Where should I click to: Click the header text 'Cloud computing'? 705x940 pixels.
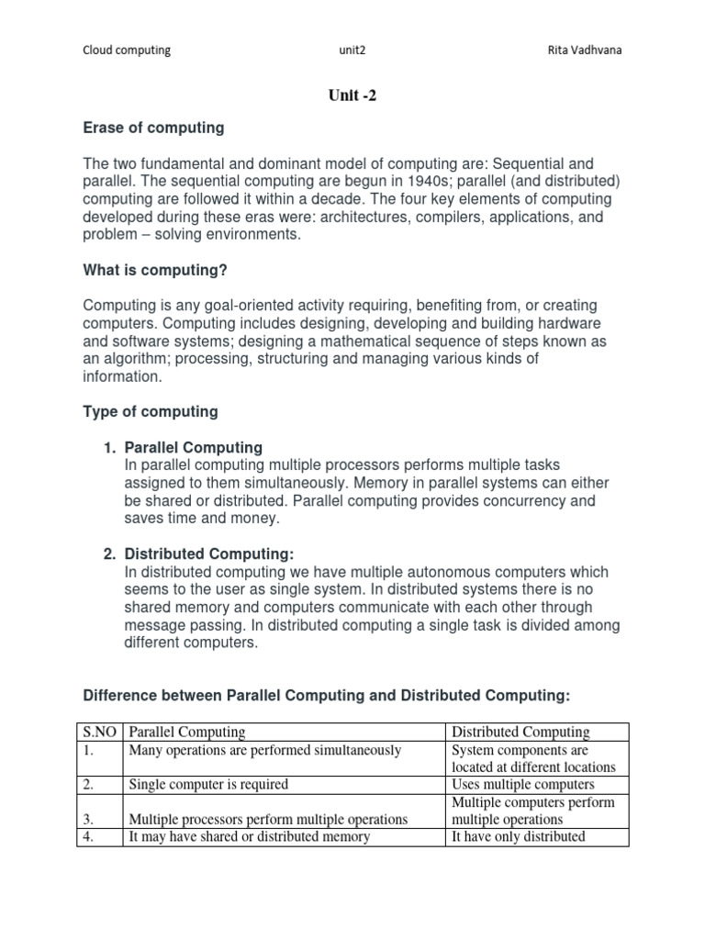pyautogui.click(x=127, y=50)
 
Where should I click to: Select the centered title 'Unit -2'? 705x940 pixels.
pyautogui.click(x=352, y=95)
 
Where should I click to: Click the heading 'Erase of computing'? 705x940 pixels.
pyautogui.click(x=153, y=128)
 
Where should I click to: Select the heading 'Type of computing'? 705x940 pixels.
pyautogui.click(x=151, y=411)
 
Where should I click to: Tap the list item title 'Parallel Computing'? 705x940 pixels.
pyautogui.click(x=193, y=447)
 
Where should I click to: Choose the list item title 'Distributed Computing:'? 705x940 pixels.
pyautogui.click(x=208, y=554)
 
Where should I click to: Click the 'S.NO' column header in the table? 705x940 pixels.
pyautogui.click(x=100, y=732)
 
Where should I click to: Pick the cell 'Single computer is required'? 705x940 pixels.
pyautogui.click(x=208, y=784)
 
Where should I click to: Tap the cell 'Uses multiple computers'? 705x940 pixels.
pyautogui.click(x=523, y=784)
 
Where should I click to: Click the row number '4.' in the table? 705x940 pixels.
pyautogui.click(x=90, y=836)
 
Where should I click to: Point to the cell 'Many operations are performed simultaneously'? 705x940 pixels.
pyautogui.click(x=265, y=750)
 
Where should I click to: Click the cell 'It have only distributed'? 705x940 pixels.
pyautogui.click(x=519, y=836)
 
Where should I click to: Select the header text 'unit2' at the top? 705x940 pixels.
pyautogui.click(x=352, y=50)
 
